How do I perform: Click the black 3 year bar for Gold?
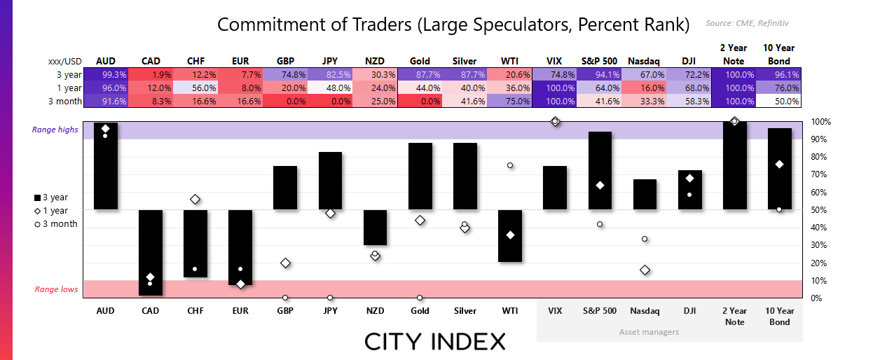coord(420,176)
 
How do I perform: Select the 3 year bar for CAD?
coord(151,252)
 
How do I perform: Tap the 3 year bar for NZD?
coord(375,228)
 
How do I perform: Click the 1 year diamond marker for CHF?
coord(195,200)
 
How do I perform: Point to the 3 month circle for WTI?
coord(510,165)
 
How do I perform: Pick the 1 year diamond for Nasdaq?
coord(645,270)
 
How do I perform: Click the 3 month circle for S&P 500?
coord(600,224)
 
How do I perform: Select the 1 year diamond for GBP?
coord(285,263)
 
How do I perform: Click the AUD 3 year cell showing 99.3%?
coord(106,74)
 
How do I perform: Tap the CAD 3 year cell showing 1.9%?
coord(151,74)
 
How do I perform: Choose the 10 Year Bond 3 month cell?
coord(778,101)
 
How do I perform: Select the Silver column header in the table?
coord(464,61)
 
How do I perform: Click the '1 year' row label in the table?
coord(69,88)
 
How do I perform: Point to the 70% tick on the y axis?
coord(819,174)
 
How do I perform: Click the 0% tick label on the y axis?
coord(816,298)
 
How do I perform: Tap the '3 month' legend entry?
coord(56,224)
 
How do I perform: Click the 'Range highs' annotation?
coord(55,130)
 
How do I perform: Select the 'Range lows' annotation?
coord(56,289)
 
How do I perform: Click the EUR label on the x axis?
coord(240,311)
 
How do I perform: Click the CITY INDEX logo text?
coord(435,342)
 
